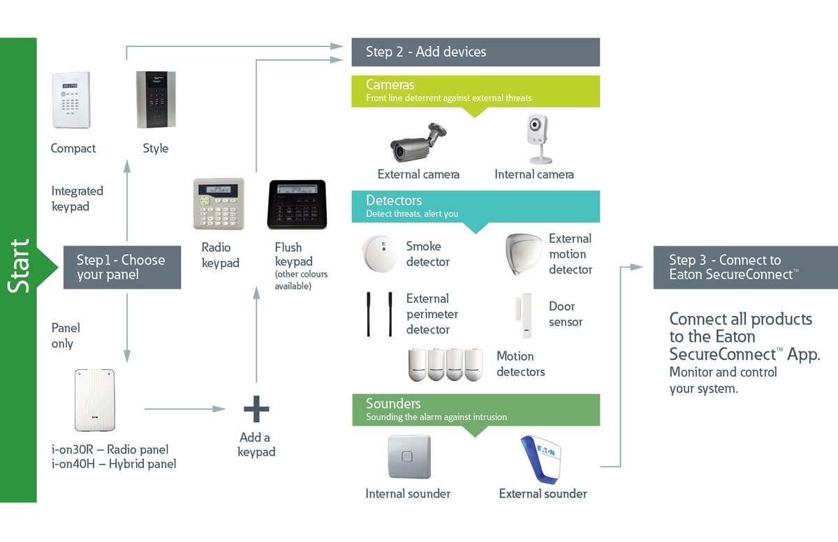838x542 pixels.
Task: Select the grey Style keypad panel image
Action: (155, 99)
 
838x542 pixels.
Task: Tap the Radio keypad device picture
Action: (219, 204)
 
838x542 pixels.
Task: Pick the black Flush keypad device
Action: (297, 204)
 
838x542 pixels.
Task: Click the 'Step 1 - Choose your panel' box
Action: (122, 267)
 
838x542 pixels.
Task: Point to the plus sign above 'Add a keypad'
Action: (256, 409)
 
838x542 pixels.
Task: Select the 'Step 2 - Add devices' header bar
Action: (475, 52)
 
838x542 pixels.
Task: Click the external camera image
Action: (418, 142)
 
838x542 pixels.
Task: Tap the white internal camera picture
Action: (537, 139)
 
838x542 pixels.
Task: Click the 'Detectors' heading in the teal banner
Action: (394, 201)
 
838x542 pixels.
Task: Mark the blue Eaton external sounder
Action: (543, 460)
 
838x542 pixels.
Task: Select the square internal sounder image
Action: (409, 456)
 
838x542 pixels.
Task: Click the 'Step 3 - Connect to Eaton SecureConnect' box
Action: (744, 267)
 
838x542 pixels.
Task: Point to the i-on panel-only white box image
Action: (94, 400)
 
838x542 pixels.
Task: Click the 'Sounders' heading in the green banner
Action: (393, 404)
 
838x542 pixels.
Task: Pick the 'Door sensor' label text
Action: (565, 314)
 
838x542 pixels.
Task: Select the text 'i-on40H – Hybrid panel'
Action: (114, 464)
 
